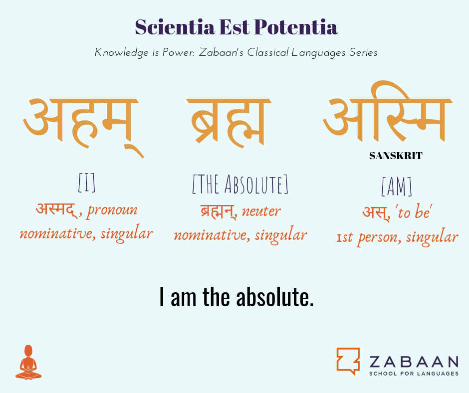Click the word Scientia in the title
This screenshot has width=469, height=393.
pos(175,27)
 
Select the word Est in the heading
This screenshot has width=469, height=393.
pos(234,27)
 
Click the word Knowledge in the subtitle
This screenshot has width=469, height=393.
pos(121,53)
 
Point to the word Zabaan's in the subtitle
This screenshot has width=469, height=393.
pos(221,52)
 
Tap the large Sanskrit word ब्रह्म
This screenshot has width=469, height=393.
pos(229,123)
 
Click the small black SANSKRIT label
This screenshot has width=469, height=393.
pos(396,156)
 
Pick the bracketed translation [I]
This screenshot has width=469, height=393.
pos(87,183)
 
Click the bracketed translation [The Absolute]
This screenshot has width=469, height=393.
pos(240,184)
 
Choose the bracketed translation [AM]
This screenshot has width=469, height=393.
pos(397,187)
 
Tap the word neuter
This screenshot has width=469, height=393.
pos(261,211)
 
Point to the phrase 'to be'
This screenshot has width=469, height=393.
pos(414,212)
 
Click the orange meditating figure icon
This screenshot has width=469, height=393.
pos(28,362)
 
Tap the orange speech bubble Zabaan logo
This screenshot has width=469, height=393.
pos(348,361)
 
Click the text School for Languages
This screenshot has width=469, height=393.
pos(414,374)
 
